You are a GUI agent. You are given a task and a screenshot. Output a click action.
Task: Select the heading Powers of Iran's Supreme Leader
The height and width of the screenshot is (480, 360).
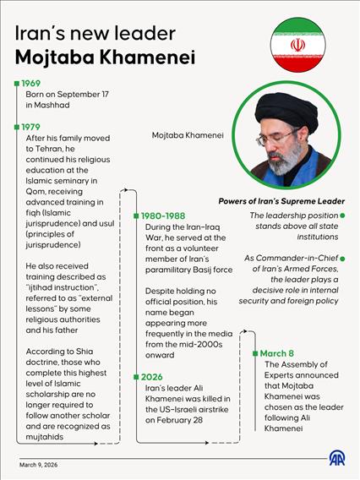(x=281, y=201)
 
